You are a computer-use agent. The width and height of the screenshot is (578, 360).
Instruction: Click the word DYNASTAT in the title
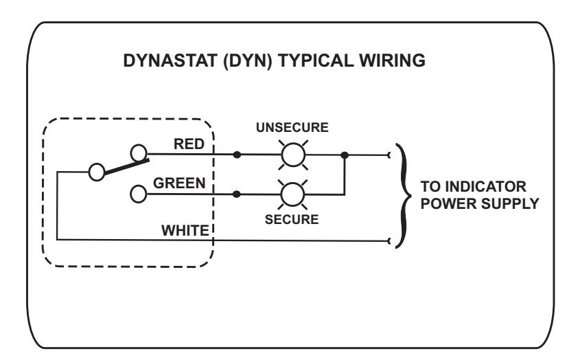click(170, 60)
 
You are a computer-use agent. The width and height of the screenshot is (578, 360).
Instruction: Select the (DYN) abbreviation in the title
click(248, 61)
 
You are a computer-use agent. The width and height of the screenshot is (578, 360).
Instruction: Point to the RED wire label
click(189, 144)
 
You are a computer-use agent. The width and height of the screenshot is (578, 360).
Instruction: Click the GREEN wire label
click(179, 183)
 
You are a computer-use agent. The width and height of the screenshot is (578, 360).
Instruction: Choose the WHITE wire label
click(185, 231)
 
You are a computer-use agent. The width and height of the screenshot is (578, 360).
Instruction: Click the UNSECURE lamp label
click(292, 127)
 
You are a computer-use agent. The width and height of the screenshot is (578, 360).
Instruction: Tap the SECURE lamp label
click(292, 219)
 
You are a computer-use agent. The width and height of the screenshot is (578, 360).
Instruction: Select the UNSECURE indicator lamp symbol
click(293, 155)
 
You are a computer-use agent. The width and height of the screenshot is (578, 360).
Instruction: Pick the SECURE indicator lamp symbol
click(292, 194)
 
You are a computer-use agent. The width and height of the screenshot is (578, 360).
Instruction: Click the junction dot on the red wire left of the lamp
click(237, 155)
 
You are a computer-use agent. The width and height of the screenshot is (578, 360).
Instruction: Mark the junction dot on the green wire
click(237, 194)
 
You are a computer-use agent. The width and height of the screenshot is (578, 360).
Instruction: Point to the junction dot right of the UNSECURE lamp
click(345, 155)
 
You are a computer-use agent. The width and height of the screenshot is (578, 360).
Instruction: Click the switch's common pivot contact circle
click(97, 172)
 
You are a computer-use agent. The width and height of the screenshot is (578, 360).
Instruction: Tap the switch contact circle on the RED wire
click(139, 153)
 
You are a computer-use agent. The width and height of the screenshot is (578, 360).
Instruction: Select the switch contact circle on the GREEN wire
click(139, 194)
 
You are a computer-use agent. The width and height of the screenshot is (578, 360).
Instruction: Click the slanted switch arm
click(127, 167)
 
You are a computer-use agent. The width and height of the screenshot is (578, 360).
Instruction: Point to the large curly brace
click(404, 196)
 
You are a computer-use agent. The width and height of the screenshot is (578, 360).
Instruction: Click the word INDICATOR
click(485, 187)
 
